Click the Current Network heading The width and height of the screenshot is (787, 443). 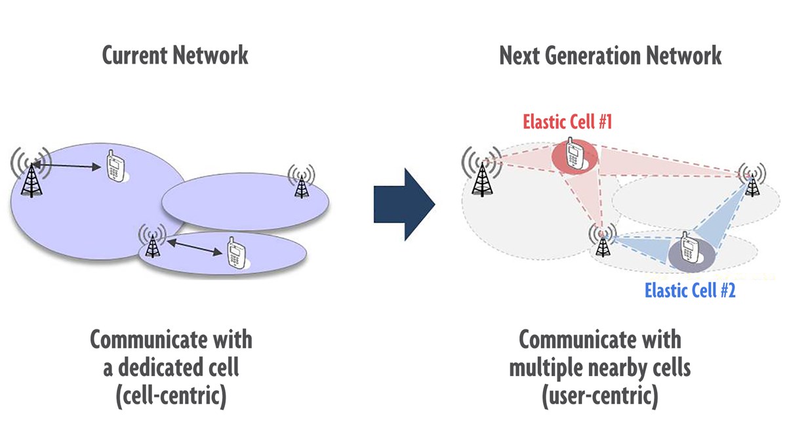click(x=175, y=55)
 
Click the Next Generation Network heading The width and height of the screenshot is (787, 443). click(x=610, y=55)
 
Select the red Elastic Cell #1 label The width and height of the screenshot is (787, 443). click(x=567, y=122)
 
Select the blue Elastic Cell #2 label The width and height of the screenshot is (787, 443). click(x=690, y=290)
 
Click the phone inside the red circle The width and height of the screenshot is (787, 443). click(x=574, y=155)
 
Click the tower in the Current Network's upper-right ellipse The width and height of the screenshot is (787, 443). click(x=301, y=182)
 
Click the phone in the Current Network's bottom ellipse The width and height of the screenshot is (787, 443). click(x=235, y=254)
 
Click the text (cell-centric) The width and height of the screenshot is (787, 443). click(x=171, y=397)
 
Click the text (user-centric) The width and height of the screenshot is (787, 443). click(x=600, y=397)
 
